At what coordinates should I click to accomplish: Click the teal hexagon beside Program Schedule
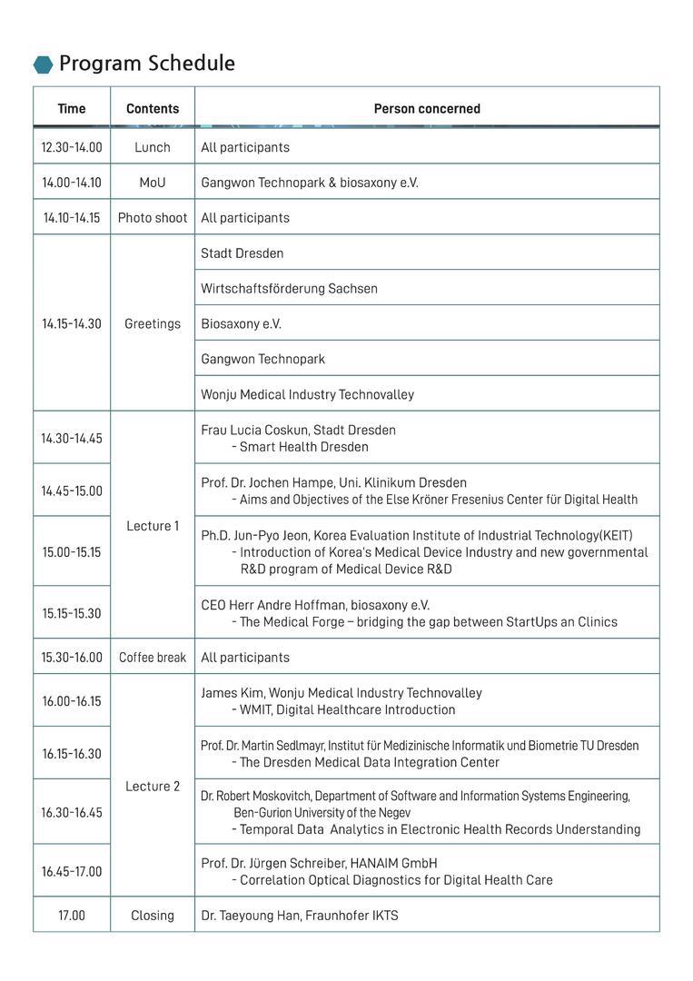point(43,64)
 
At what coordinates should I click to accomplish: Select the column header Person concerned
point(427,109)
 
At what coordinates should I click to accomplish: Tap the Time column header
point(72,109)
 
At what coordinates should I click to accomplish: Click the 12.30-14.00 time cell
point(72,147)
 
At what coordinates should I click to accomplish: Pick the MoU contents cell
point(153,183)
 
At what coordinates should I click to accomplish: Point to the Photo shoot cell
point(153,218)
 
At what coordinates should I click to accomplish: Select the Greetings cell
point(153,323)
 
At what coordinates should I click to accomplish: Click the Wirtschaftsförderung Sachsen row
point(289,289)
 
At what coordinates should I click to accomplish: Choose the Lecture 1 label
point(153,526)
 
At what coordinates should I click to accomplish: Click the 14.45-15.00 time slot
point(72,491)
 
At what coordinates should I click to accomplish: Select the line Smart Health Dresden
point(303,447)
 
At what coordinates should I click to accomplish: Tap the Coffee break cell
point(153,658)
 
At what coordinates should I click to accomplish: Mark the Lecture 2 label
point(153,787)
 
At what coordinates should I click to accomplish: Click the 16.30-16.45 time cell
point(72,813)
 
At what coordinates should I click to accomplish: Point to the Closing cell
point(153,916)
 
